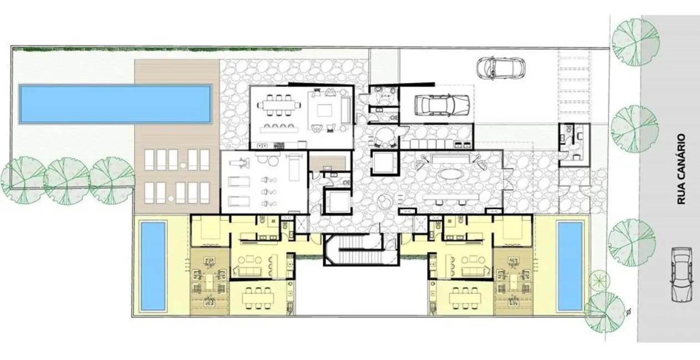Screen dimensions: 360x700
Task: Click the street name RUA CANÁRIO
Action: (681, 169)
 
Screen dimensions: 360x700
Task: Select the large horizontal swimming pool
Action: (115, 104)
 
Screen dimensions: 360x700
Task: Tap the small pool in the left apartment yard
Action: (153, 266)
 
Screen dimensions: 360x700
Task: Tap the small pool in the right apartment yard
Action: (569, 266)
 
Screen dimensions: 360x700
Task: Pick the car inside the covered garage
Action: (442, 104)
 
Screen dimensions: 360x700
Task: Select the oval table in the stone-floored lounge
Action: (453, 173)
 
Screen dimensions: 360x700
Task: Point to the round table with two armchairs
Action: (384, 136)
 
